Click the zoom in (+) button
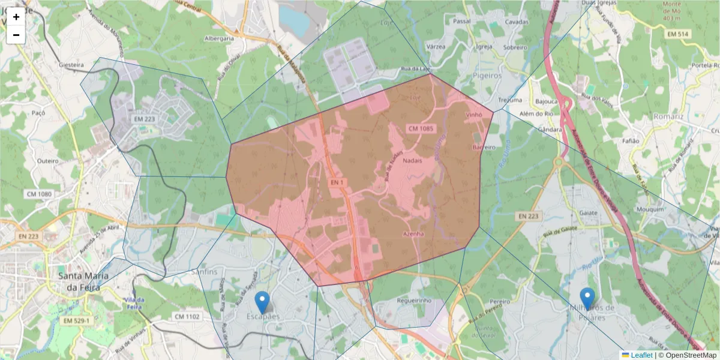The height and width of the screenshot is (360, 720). point(16,17)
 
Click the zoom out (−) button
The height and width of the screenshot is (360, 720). point(16,35)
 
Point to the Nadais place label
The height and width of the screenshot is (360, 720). point(413,161)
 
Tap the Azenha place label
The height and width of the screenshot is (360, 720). point(414,233)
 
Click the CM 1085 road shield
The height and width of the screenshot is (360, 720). point(421,129)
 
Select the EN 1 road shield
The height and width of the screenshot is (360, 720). point(336,182)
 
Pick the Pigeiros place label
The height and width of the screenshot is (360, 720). point(487,76)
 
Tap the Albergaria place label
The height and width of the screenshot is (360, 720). point(219,38)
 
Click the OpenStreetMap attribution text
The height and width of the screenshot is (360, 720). point(690,355)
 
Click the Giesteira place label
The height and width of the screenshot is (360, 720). point(71,64)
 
